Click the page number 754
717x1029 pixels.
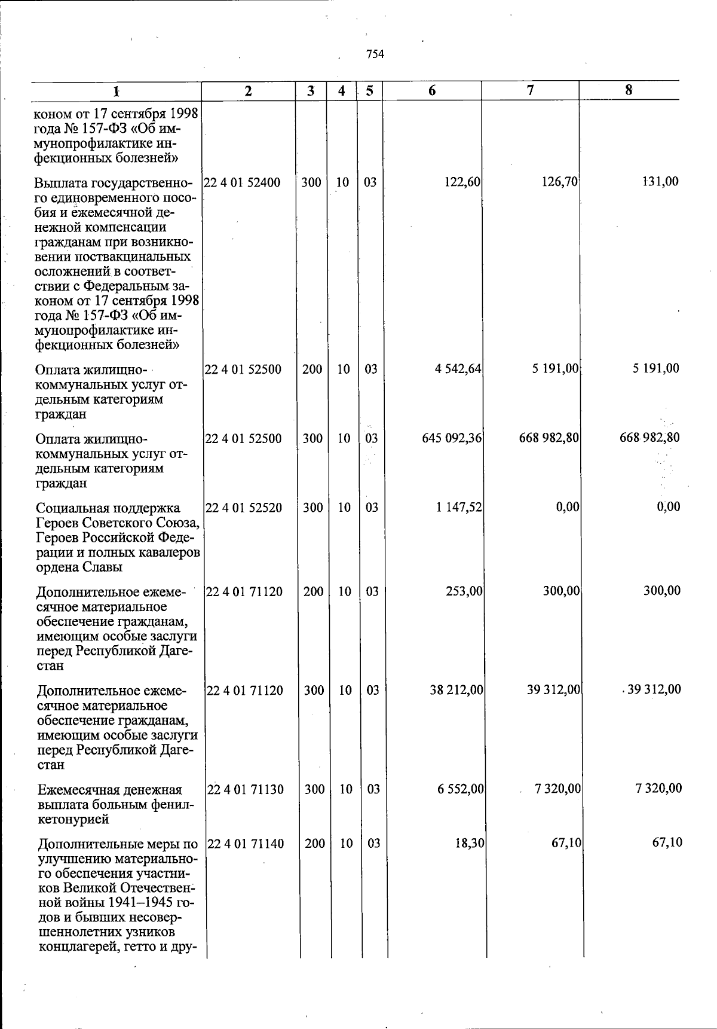click(375, 54)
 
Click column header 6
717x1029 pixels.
click(432, 91)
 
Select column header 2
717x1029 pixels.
click(248, 91)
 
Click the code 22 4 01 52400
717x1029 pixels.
click(243, 182)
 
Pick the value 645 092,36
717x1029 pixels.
click(452, 438)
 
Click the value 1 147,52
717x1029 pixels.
click(459, 508)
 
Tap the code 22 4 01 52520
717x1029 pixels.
click(244, 508)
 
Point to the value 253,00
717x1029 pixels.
click(464, 591)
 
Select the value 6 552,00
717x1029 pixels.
click(460, 789)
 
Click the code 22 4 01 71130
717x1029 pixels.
click(245, 789)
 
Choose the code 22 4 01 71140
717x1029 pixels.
click(246, 844)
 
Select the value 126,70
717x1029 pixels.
click(559, 182)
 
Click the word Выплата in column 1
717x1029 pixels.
click(58, 183)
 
